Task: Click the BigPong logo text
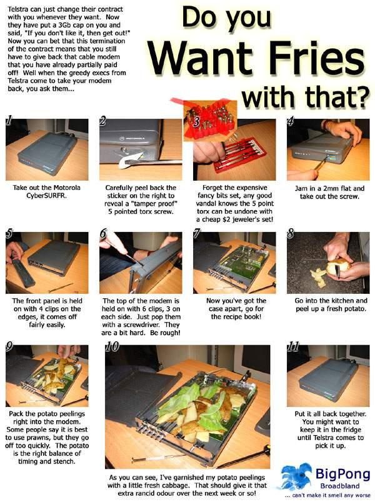coord(342,474)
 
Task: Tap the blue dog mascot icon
coord(296,476)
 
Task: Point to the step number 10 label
coord(112,346)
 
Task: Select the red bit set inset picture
coord(210,121)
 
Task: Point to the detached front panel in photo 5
coord(23,271)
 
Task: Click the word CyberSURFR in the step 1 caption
coord(47,195)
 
